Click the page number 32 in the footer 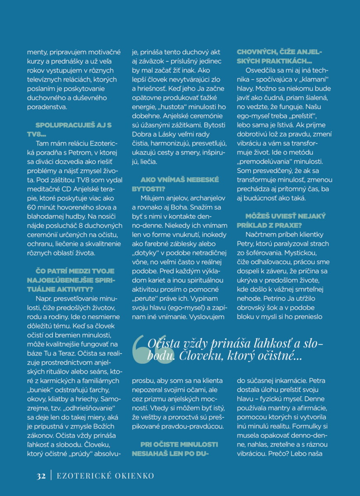(41, 476)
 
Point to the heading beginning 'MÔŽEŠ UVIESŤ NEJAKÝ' (281, 220)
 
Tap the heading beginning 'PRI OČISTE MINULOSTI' (175, 448)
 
